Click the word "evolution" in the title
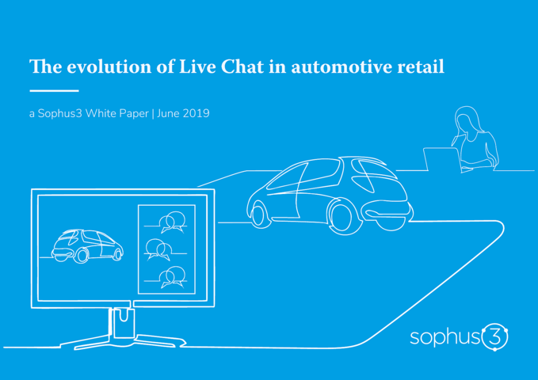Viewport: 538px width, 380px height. (109, 66)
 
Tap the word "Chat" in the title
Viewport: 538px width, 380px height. (242, 66)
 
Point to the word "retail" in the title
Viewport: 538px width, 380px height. (421, 66)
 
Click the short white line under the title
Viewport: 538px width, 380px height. (54, 90)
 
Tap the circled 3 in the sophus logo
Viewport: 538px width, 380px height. (494, 336)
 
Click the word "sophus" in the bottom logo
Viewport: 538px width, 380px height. (445, 336)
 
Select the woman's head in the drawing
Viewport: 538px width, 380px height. (466, 120)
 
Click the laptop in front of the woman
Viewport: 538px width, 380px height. (442, 159)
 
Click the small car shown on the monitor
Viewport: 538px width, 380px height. (87, 246)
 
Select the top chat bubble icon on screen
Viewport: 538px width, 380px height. (172, 222)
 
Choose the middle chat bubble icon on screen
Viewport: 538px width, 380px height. (158, 249)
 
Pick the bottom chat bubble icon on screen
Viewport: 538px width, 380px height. (172, 277)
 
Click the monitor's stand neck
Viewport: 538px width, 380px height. (121, 323)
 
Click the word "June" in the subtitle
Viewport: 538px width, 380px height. (169, 113)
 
